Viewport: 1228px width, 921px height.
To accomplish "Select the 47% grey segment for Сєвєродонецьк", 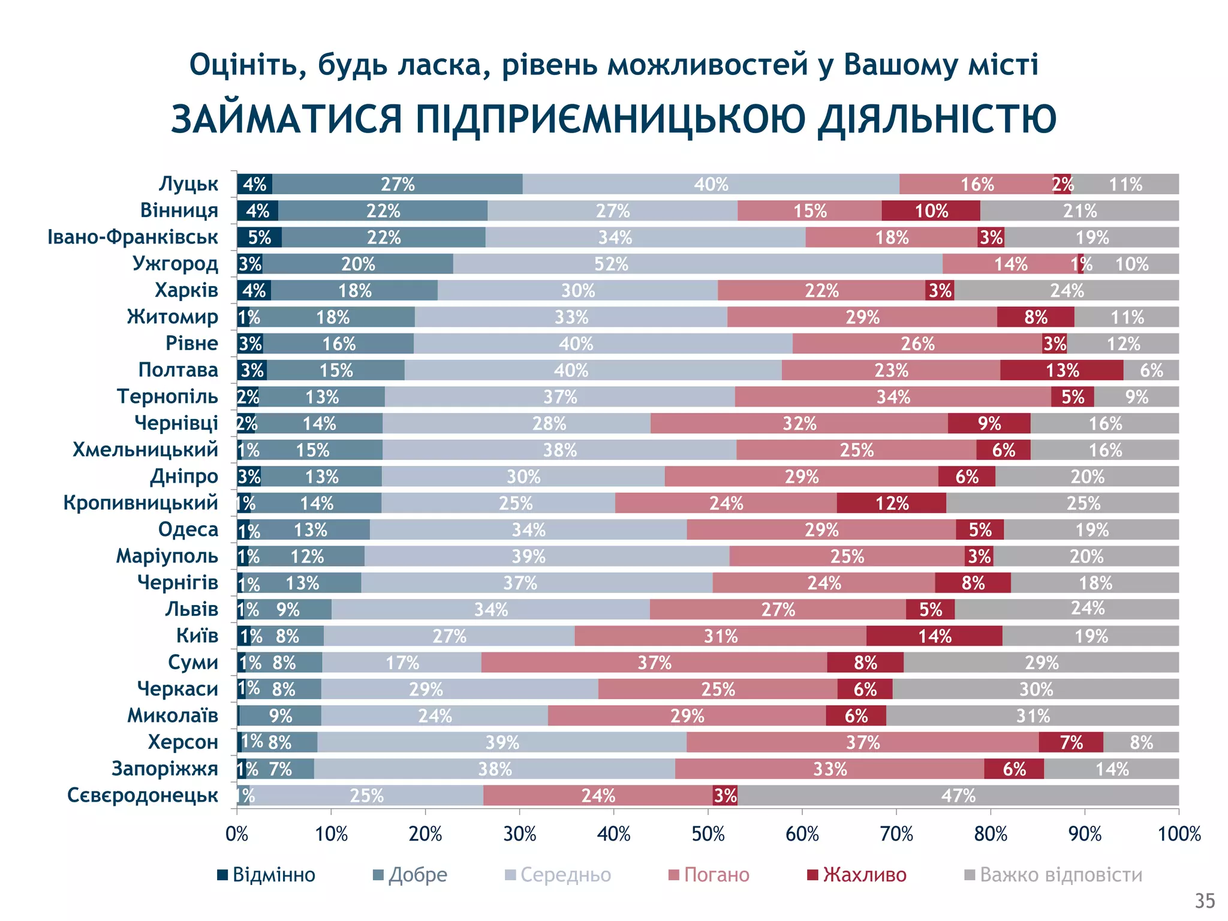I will (958, 795).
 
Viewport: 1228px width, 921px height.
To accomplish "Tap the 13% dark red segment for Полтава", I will (1061, 370).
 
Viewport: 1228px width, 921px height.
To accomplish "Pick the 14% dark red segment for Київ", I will (934, 636).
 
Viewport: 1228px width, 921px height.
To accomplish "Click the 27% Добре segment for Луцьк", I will (397, 184).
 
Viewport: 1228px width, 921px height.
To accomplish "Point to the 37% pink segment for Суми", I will (654, 663).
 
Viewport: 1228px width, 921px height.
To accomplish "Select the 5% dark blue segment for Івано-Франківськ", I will (259, 237).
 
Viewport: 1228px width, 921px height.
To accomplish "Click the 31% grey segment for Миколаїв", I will (1033, 715).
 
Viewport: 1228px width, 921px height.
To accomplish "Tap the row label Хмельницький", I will (145, 450).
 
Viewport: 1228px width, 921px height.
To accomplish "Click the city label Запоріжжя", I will (165, 769).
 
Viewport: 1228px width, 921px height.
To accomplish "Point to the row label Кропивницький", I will (141, 502).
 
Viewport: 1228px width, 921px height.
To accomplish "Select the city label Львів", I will (191, 609).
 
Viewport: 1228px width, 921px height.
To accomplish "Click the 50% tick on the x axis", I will (708, 834).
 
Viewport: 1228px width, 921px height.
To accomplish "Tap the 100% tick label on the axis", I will (1179, 834).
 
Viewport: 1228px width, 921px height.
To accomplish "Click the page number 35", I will (1205, 901).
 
